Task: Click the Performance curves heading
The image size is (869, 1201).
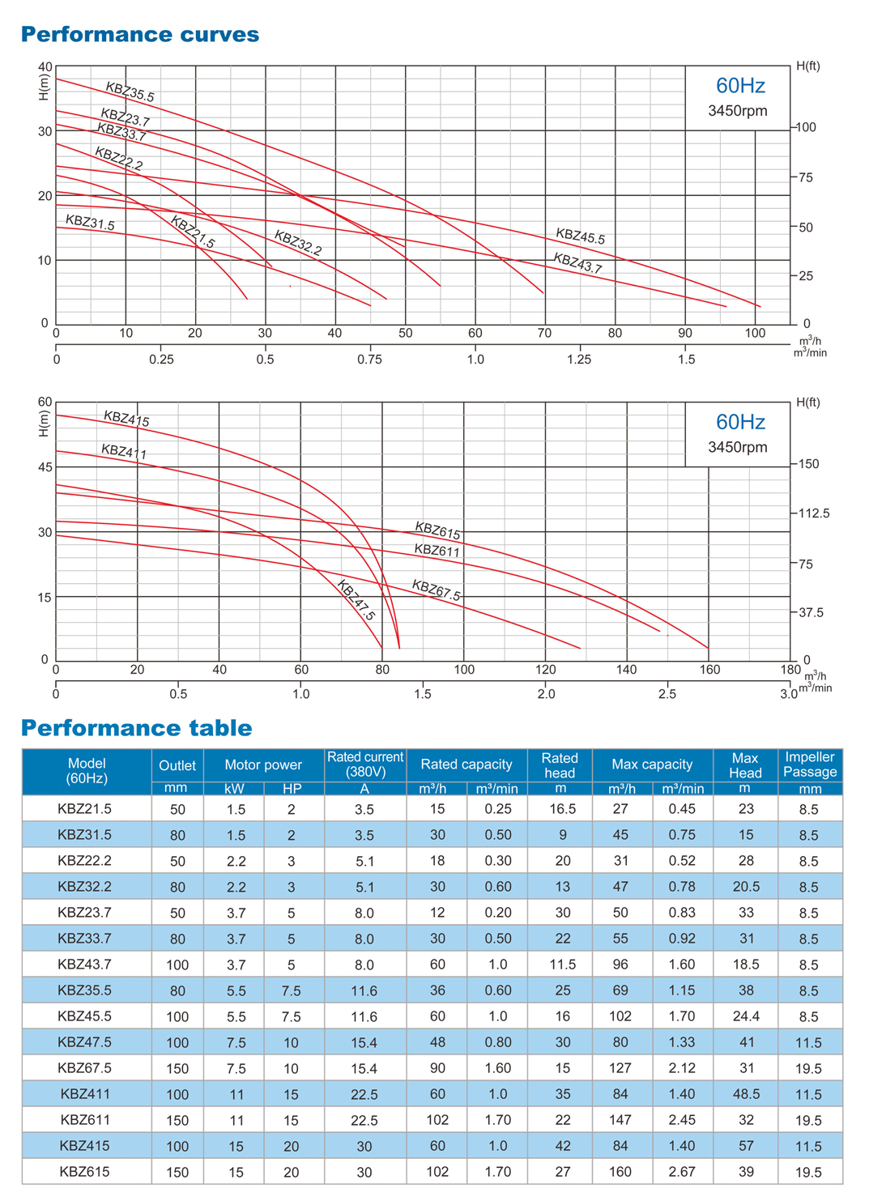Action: pyautogui.click(x=139, y=34)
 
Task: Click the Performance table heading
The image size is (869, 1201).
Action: pyautogui.click(x=136, y=728)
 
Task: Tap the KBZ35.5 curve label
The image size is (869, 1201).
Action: pyautogui.click(x=130, y=92)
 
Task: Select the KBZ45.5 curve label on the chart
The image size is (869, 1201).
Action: pyautogui.click(x=580, y=236)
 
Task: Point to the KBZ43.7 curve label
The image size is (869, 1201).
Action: pyautogui.click(x=577, y=263)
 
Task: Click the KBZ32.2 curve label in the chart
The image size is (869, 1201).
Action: pyautogui.click(x=297, y=243)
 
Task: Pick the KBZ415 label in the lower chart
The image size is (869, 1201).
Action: pyautogui.click(x=126, y=419)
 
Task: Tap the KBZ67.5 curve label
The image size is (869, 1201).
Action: pyautogui.click(x=436, y=590)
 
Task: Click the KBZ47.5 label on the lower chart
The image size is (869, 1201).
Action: pyautogui.click(x=356, y=601)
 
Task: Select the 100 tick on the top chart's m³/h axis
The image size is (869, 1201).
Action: pyautogui.click(x=755, y=333)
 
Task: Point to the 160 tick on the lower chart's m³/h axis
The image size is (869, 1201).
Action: pyautogui.click(x=709, y=670)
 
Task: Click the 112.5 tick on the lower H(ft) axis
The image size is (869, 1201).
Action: pyautogui.click(x=814, y=513)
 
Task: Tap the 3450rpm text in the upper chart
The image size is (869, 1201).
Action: pyautogui.click(x=737, y=111)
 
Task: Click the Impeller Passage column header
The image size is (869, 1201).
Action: pyautogui.click(x=809, y=764)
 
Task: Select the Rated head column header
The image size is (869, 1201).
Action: pyautogui.click(x=560, y=764)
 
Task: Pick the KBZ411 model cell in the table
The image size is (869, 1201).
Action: pyautogui.click(x=86, y=1094)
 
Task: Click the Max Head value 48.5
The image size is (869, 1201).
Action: pyautogui.click(x=745, y=1094)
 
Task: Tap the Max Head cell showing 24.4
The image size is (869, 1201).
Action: pyautogui.click(x=745, y=1016)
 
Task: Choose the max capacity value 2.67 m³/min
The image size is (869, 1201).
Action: pyautogui.click(x=682, y=1172)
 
